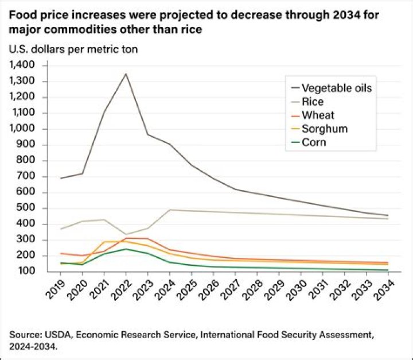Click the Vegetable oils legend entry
pos(337,88)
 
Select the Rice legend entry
pos(313,102)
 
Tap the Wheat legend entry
pos(317,115)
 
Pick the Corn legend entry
pos(314,142)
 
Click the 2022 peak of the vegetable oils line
pos(126,73)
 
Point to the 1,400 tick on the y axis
pos(22,65)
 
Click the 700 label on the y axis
pos(26,176)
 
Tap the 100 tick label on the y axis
pos(26,271)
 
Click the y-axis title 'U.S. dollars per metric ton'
pos(73,49)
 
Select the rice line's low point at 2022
pos(126,234)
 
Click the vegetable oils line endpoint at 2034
pos(388,215)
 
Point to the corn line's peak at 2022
pos(126,249)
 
